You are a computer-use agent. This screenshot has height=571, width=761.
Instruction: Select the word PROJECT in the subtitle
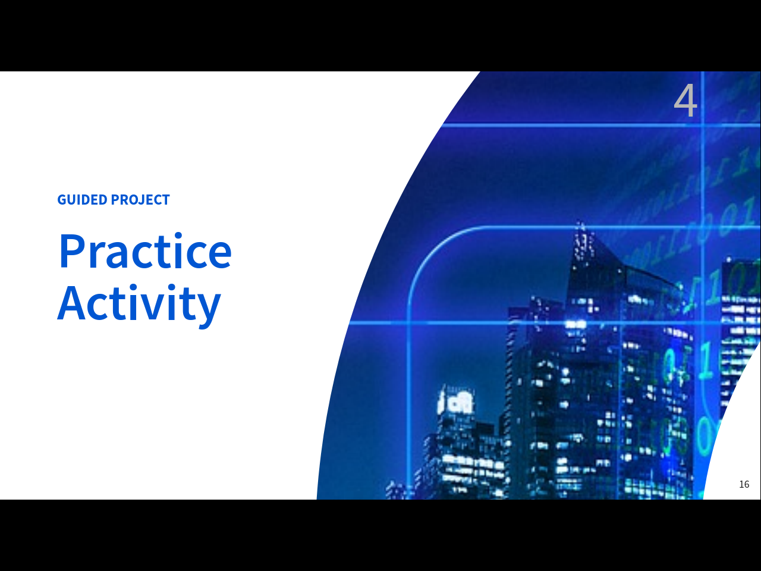coord(140,200)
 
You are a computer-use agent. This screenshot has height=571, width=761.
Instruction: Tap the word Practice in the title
coord(145,250)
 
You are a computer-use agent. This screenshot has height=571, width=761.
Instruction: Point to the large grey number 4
coord(685,101)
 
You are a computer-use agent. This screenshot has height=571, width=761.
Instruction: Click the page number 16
coord(744,484)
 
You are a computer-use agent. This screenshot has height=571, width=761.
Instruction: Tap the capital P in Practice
coord(73,252)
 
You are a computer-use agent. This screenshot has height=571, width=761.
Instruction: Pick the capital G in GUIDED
coord(62,200)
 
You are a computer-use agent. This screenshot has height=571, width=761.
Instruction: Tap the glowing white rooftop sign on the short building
coord(455,402)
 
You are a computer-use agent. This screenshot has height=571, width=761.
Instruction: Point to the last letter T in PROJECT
coord(165,200)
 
